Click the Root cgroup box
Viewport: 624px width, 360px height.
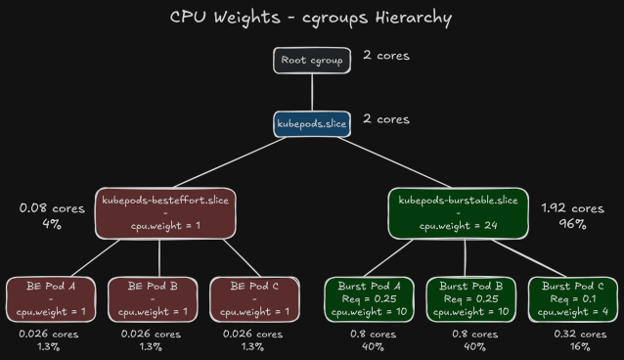311,61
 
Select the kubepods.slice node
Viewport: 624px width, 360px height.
311,123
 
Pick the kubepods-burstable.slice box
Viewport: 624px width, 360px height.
458,213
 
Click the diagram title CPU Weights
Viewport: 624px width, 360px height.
311,17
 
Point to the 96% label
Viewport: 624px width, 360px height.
571,224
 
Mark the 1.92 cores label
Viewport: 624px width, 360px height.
572,208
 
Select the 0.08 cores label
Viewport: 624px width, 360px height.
51,208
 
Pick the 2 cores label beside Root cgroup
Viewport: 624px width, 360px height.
385,56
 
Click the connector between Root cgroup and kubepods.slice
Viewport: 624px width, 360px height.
311,92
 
